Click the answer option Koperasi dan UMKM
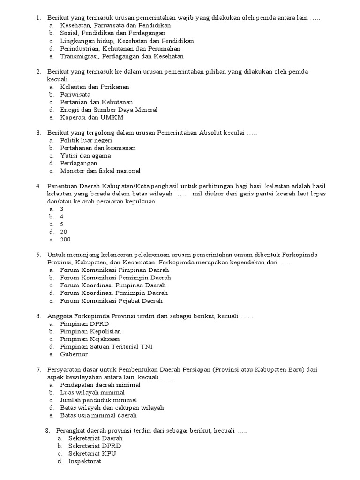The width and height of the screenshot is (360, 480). [91, 117]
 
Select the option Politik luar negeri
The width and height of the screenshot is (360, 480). [86, 140]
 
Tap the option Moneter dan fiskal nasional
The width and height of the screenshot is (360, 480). [100, 171]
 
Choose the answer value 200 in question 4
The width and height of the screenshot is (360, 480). [65, 240]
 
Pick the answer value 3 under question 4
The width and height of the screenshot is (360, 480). [62, 209]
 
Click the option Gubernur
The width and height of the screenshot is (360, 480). [74, 354]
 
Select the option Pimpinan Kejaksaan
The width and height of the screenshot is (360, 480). [90, 339]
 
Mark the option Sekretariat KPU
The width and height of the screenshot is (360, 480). [92, 454]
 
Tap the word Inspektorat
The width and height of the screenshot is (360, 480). [84, 461]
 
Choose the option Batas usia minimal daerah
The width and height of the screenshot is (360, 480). [98, 415]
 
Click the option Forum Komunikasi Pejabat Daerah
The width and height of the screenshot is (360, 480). [111, 300]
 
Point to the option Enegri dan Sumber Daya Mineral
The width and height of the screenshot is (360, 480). [109, 110]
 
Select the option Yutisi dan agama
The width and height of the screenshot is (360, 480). [85, 155]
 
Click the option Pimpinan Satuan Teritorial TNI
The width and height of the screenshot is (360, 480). [106, 346]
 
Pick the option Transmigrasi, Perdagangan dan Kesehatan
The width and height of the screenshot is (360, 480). [121, 56]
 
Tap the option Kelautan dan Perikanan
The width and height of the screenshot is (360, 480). [94, 87]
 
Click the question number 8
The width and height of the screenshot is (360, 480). [47, 431]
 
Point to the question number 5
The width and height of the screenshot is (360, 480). [38, 255]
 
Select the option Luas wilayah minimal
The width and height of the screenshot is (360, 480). [92, 392]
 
